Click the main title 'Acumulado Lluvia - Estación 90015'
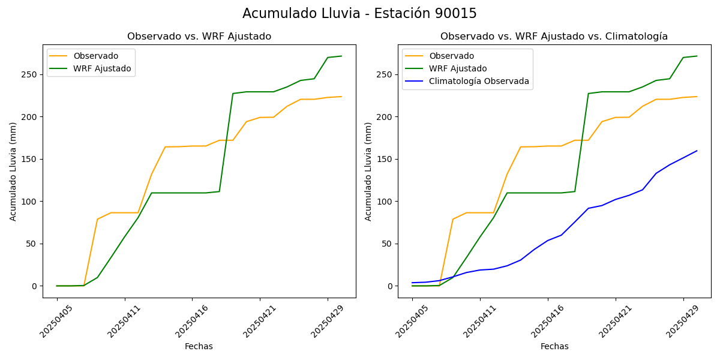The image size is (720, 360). click(x=359, y=13)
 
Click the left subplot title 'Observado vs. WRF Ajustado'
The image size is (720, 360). click(x=199, y=37)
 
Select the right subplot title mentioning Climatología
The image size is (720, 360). click(x=554, y=37)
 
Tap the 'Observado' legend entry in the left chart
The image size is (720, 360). click(x=95, y=56)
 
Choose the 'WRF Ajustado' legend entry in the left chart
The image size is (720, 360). click(x=102, y=68)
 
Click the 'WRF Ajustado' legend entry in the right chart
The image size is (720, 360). click(x=457, y=68)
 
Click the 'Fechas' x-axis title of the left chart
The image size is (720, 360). click(x=199, y=346)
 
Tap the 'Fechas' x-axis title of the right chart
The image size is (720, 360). click(x=554, y=346)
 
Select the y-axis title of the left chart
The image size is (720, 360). click(x=13, y=171)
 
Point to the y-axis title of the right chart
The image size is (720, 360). click(x=368, y=171)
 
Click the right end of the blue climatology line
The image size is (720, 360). click(x=697, y=151)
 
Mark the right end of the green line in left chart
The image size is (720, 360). click(x=341, y=56)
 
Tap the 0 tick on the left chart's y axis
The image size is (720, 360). click(x=34, y=286)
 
